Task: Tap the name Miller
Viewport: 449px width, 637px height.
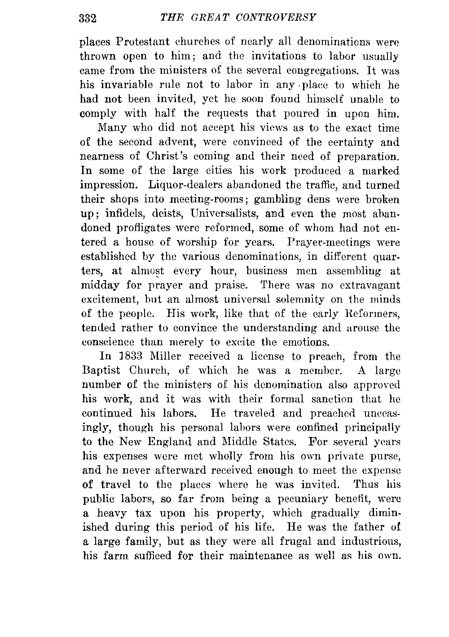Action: pyautogui.click(x=168, y=356)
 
